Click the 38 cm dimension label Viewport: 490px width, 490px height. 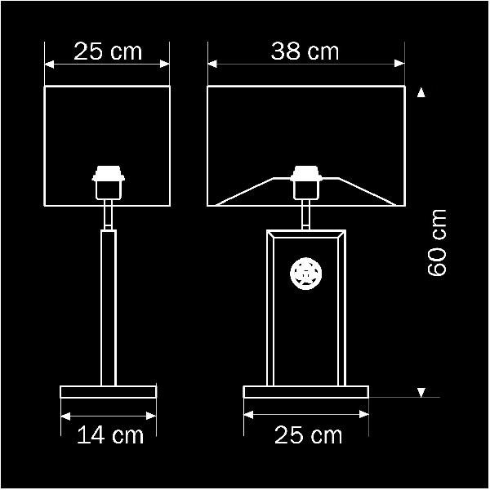tap(305, 51)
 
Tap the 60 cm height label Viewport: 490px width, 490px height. tap(437, 243)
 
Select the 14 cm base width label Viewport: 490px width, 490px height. tap(110, 434)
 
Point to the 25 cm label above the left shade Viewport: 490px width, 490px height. tap(108, 51)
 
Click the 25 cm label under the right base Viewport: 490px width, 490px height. tap(308, 434)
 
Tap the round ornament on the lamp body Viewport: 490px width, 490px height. tap(306, 274)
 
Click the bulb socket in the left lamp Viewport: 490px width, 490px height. tap(108, 182)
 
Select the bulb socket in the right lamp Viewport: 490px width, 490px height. tap(306, 182)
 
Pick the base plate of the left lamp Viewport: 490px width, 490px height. tap(108, 392)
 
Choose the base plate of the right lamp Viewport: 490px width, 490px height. tap(306, 392)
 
